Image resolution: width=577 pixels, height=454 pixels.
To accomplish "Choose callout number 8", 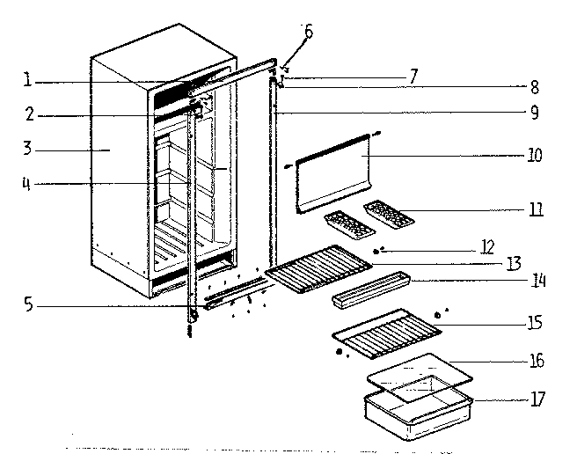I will pyautogui.click(x=535, y=87).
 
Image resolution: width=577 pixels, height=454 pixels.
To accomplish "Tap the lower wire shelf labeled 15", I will pyautogui.click(x=387, y=333).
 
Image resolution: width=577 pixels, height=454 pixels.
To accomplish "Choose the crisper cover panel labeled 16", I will pyautogui.click(x=420, y=376).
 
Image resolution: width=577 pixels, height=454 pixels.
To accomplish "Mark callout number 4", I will pyautogui.click(x=28, y=183).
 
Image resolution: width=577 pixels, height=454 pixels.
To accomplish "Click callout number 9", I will pyautogui.click(x=535, y=113).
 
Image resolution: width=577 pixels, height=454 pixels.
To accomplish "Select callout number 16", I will pyautogui.click(x=536, y=361).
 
